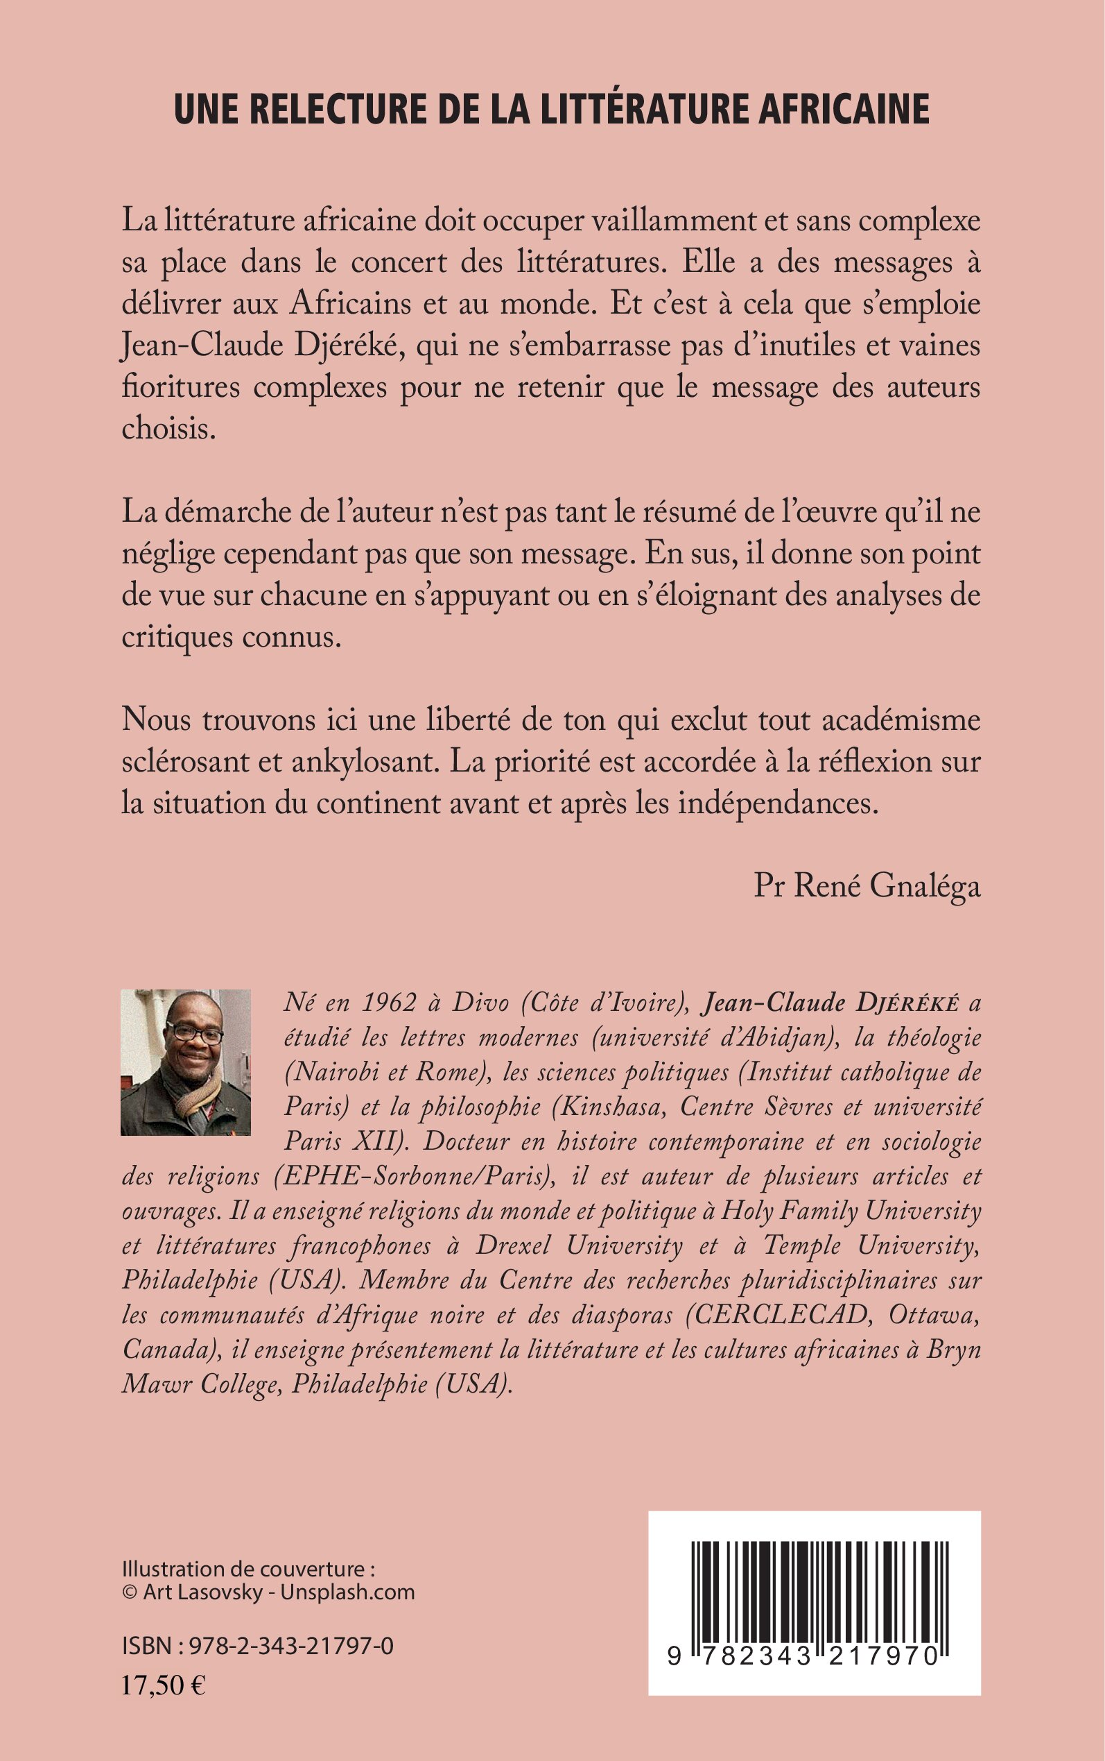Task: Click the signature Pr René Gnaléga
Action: pos(867,886)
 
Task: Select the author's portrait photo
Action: pos(186,1062)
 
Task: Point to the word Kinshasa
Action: pos(609,1107)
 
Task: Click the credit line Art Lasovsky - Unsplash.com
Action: pos(279,1592)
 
